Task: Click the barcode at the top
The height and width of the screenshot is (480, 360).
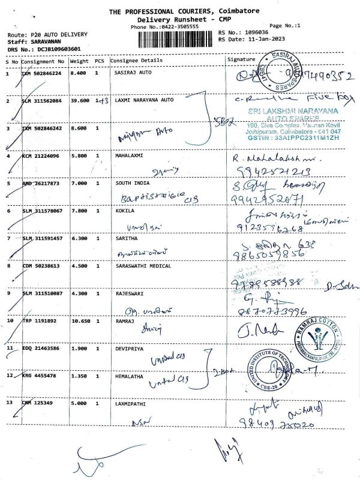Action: [176, 39]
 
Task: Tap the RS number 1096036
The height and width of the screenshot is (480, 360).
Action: [254, 32]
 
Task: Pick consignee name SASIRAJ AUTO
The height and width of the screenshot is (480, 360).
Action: [133, 73]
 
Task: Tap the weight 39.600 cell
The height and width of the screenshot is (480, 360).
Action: [79, 100]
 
